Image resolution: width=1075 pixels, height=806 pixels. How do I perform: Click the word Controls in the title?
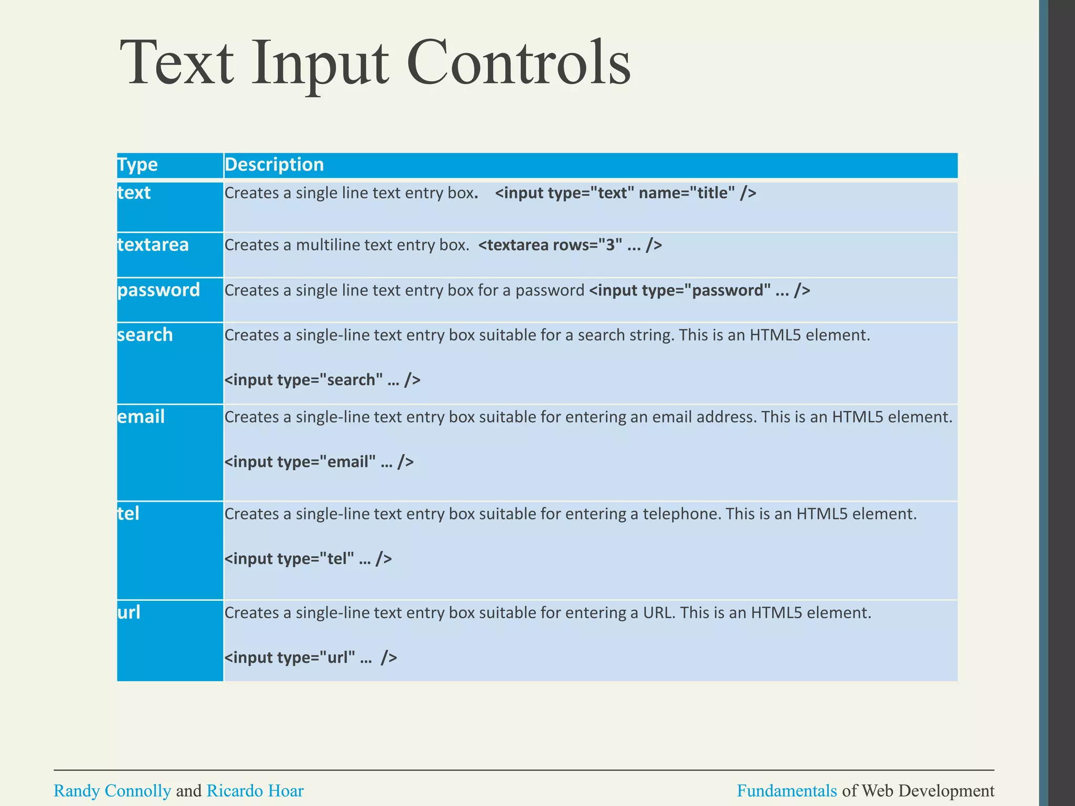(x=518, y=63)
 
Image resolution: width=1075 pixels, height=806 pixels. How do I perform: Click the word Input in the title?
(x=320, y=63)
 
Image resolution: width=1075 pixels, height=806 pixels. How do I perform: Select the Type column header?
(x=138, y=165)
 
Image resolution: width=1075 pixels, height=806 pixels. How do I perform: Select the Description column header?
(x=274, y=165)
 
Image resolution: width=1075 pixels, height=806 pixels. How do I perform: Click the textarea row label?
(x=153, y=245)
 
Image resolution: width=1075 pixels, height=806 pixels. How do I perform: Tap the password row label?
(x=159, y=290)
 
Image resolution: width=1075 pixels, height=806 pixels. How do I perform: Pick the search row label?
(x=145, y=335)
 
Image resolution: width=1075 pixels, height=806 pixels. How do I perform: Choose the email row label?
(x=141, y=417)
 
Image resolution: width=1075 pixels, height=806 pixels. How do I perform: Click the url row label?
(x=129, y=612)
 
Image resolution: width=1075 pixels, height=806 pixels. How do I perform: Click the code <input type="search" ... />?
(x=322, y=379)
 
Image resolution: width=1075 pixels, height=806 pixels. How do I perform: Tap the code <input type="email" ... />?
(x=319, y=462)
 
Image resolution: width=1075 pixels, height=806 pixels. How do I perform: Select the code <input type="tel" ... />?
(x=308, y=558)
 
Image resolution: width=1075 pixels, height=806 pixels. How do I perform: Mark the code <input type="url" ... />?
(x=311, y=657)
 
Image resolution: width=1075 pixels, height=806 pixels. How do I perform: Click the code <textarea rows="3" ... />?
(x=570, y=245)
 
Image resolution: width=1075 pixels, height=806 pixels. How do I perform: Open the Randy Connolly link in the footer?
(x=112, y=791)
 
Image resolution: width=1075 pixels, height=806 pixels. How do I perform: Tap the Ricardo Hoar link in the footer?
(x=255, y=791)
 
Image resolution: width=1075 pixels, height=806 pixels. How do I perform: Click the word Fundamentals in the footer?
(x=786, y=791)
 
